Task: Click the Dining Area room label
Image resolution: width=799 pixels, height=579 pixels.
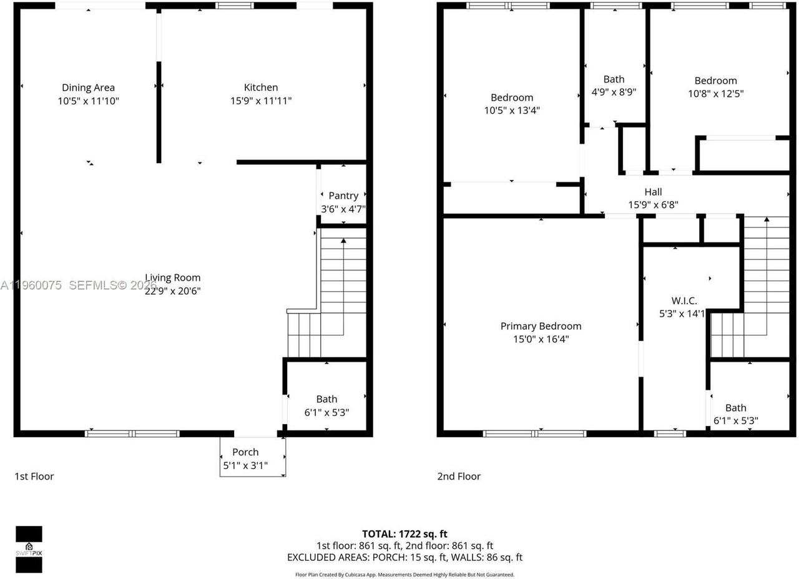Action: (88, 87)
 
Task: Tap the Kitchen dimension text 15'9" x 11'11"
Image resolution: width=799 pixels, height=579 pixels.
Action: (261, 100)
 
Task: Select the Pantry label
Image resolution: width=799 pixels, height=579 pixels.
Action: (343, 195)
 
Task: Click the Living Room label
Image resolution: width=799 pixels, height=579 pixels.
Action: (173, 277)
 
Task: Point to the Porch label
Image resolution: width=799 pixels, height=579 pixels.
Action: (245, 452)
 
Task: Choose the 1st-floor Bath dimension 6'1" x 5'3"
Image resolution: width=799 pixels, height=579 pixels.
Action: (326, 412)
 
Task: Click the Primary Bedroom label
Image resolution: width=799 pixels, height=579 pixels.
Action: (541, 326)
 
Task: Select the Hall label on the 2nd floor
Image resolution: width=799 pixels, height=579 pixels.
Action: (653, 192)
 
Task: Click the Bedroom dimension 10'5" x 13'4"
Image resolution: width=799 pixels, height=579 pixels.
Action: (512, 111)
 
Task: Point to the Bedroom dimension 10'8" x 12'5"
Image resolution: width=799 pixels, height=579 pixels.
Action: (715, 94)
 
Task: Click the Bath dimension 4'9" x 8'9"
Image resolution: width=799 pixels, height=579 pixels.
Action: (614, 92)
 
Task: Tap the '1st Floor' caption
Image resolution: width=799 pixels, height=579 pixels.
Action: (34, 477)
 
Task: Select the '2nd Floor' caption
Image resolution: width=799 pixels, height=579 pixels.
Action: (459, 477)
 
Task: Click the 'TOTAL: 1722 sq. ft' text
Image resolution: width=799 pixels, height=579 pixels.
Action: (404, 534)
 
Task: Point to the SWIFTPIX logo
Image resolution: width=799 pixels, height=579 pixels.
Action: (29, 549)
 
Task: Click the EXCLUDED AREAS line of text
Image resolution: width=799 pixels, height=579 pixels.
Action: (404, 557)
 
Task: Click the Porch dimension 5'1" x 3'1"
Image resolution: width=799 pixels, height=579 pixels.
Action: (245, 465)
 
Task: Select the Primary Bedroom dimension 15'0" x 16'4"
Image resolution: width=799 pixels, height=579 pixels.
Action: (541, 339)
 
